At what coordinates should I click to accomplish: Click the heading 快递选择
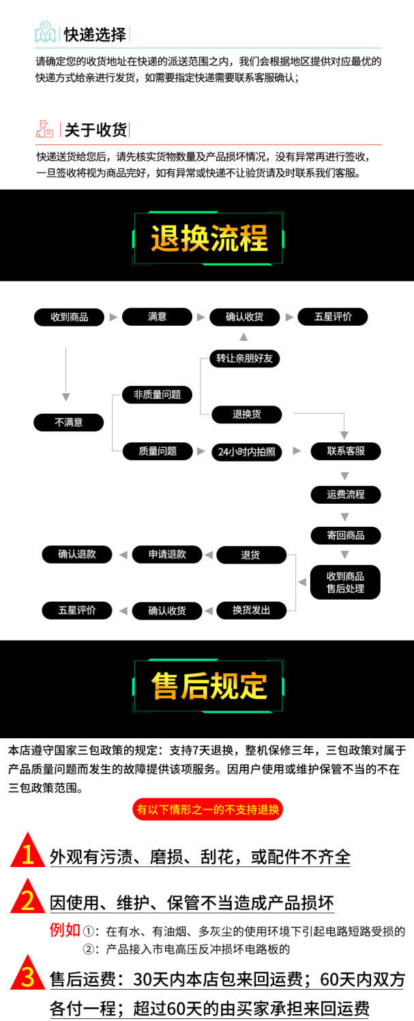coord(95,34)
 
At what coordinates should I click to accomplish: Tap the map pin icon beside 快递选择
coord(46,32)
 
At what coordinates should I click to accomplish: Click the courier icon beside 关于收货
coord(45,129)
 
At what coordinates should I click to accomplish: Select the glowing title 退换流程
coord(209,239)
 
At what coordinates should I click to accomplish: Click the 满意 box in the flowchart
coord(157,317)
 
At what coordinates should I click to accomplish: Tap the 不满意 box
coord(68,423)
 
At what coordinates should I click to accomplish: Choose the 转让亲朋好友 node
coord(243,359)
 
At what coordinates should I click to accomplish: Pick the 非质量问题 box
coord(157,395)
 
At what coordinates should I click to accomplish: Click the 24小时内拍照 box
coord(246,452)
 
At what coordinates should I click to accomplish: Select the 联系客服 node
coord(345,451)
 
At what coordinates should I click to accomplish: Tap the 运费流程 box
coord(345,495)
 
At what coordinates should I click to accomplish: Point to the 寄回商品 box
coord(345,536)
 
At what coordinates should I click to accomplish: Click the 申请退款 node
coord(166,555)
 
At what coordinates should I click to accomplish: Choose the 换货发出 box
coord(251,611)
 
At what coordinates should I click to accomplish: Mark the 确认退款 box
coord(77,555)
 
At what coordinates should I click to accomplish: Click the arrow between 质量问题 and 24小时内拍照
coord(201,451)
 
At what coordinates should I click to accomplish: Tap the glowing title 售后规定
coord(209,686)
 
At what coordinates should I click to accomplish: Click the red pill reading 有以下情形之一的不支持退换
coord(207,810)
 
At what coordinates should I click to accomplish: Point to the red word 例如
coord(65,930)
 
